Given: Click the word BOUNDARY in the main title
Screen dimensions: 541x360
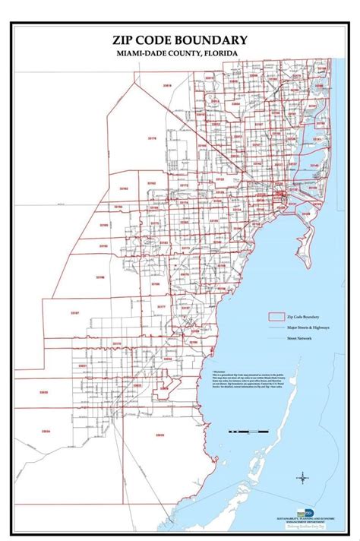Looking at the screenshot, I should click(211, 39).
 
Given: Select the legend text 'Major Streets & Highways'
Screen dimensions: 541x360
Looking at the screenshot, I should click(307, 326).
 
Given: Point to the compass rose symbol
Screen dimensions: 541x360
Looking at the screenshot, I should click(302, 478).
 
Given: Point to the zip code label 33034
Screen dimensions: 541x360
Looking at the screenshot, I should click(46, 432).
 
